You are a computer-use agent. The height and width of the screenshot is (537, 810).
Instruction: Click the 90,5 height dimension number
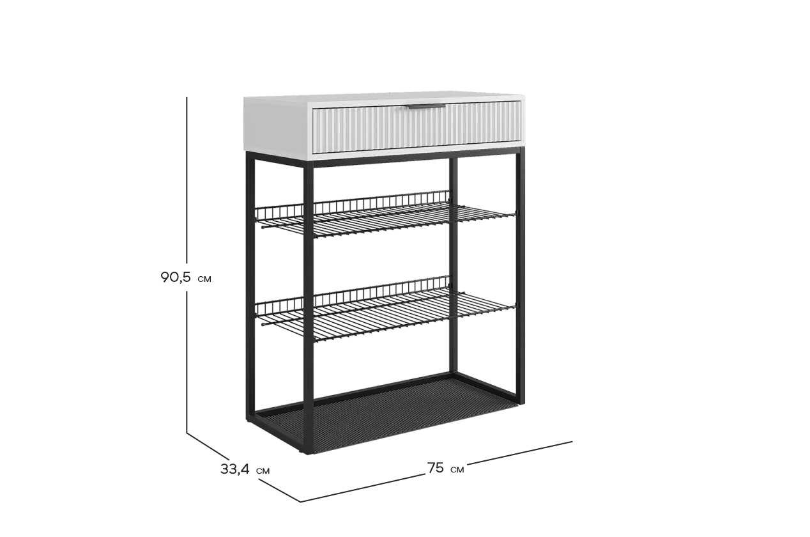point(176,277)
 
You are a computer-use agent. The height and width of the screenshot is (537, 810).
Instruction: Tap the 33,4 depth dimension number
point(235,469)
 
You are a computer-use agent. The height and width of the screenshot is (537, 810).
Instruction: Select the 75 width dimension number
point(436,468)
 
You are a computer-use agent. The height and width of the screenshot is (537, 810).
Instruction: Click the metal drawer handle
point(427,107)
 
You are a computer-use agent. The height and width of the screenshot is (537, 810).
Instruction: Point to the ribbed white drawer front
point(416,127)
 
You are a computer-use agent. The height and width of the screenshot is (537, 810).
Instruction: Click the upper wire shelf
point(385,216)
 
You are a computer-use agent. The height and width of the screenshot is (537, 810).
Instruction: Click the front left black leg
point(309,307)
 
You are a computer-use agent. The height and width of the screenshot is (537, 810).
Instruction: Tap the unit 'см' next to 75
point(457,470)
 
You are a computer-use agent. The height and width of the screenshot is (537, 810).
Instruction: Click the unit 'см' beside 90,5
point(204,279)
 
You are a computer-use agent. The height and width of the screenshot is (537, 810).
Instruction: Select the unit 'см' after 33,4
point(263,471)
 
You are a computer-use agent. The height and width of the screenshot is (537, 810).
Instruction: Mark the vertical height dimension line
point(187,265)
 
